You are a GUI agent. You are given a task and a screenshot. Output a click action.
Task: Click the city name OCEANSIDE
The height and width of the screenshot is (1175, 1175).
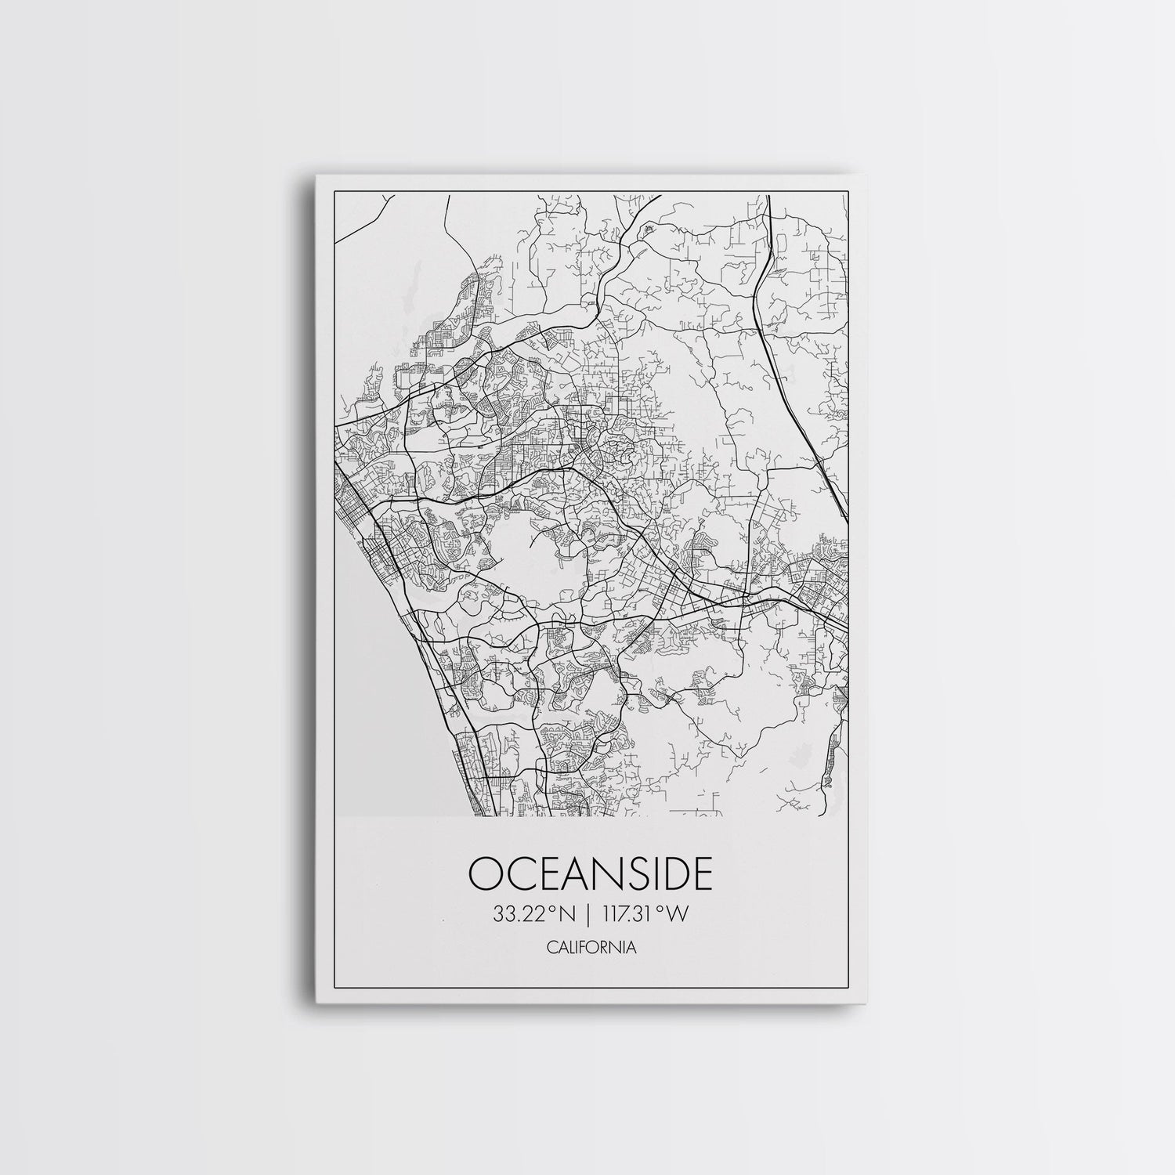pyautogui.click(x=591, y=874)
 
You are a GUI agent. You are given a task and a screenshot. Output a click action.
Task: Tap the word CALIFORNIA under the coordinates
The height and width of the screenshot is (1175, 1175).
pyautogui.click(x=591, y=948)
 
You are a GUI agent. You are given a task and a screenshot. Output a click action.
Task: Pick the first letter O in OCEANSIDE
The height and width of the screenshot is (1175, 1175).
pyautogui.click(x=486, y=874)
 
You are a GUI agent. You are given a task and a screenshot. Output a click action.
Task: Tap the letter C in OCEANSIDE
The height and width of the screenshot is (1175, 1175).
pyautogui.click(x=521, y=874)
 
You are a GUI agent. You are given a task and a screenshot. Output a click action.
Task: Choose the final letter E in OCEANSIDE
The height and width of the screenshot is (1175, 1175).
pyautogui.click(x=703, y=874)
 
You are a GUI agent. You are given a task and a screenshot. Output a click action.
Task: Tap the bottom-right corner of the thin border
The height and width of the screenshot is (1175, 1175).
pyautogui.click(x=850, y=985)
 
